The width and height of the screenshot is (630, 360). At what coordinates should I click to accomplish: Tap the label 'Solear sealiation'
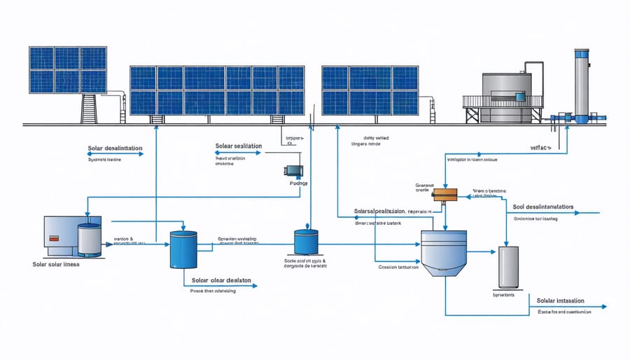click(239, 146)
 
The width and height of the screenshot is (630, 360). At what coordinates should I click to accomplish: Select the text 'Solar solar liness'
click(57, 264)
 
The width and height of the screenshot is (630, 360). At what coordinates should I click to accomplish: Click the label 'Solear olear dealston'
click(220, 279)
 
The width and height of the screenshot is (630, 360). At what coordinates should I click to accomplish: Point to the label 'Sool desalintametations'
click(542, 207)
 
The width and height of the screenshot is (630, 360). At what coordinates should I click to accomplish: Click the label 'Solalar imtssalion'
click(560, 300)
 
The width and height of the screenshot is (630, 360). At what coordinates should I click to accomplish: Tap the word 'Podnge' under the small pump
click(298, 184)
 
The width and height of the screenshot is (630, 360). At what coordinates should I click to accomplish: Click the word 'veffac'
click(540, 148)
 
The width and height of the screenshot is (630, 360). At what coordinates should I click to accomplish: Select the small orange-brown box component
click(443, 195)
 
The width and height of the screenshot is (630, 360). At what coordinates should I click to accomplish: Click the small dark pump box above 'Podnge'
click(292, 169)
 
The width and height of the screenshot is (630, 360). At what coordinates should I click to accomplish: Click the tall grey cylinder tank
click(507, 266)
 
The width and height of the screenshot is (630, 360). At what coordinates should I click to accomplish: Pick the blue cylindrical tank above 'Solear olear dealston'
click(184, 251)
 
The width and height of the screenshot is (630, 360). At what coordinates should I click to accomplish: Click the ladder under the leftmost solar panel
click(89, 109)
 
